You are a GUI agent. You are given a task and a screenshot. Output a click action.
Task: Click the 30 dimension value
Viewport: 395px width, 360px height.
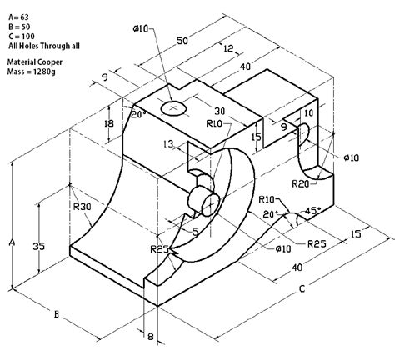click(218, 112)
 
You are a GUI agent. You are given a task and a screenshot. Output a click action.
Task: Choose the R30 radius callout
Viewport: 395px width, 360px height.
click(81, 207)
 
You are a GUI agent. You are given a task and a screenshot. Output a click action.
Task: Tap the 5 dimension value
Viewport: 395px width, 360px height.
click(194, 232)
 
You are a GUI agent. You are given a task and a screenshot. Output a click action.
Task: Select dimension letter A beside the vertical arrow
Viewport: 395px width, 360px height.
click(11, 242)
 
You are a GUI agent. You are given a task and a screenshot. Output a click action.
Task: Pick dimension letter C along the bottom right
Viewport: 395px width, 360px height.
click(303, 289)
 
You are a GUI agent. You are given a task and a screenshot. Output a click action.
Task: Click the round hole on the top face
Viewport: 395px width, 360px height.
click(175, 107)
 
